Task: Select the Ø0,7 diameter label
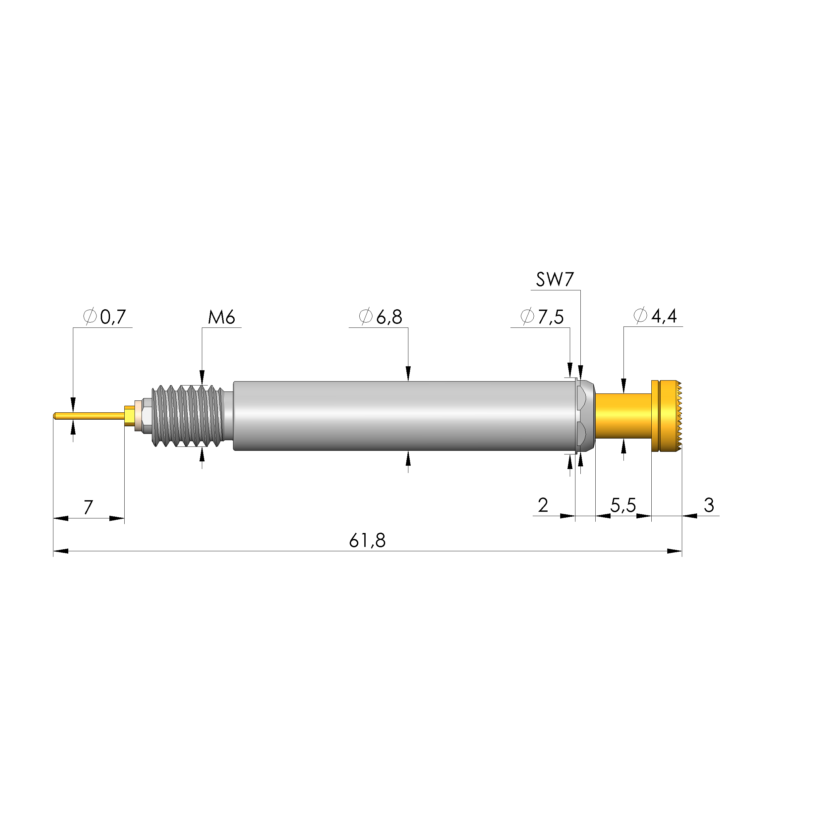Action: [104, 317]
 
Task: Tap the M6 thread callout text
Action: [222, 318]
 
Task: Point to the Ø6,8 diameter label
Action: [381, 317]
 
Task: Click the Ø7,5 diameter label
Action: [542, 317]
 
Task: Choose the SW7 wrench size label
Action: [555, 280]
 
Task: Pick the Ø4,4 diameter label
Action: [656, 316]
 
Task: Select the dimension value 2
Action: [543, 505]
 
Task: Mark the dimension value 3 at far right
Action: [709, 505]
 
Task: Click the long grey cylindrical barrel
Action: [404, 416]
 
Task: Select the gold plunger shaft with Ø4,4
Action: [623, 416]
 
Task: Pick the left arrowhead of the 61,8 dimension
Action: [60, 551]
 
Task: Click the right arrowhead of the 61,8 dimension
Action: [675, 551]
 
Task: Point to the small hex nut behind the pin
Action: [145, 416]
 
